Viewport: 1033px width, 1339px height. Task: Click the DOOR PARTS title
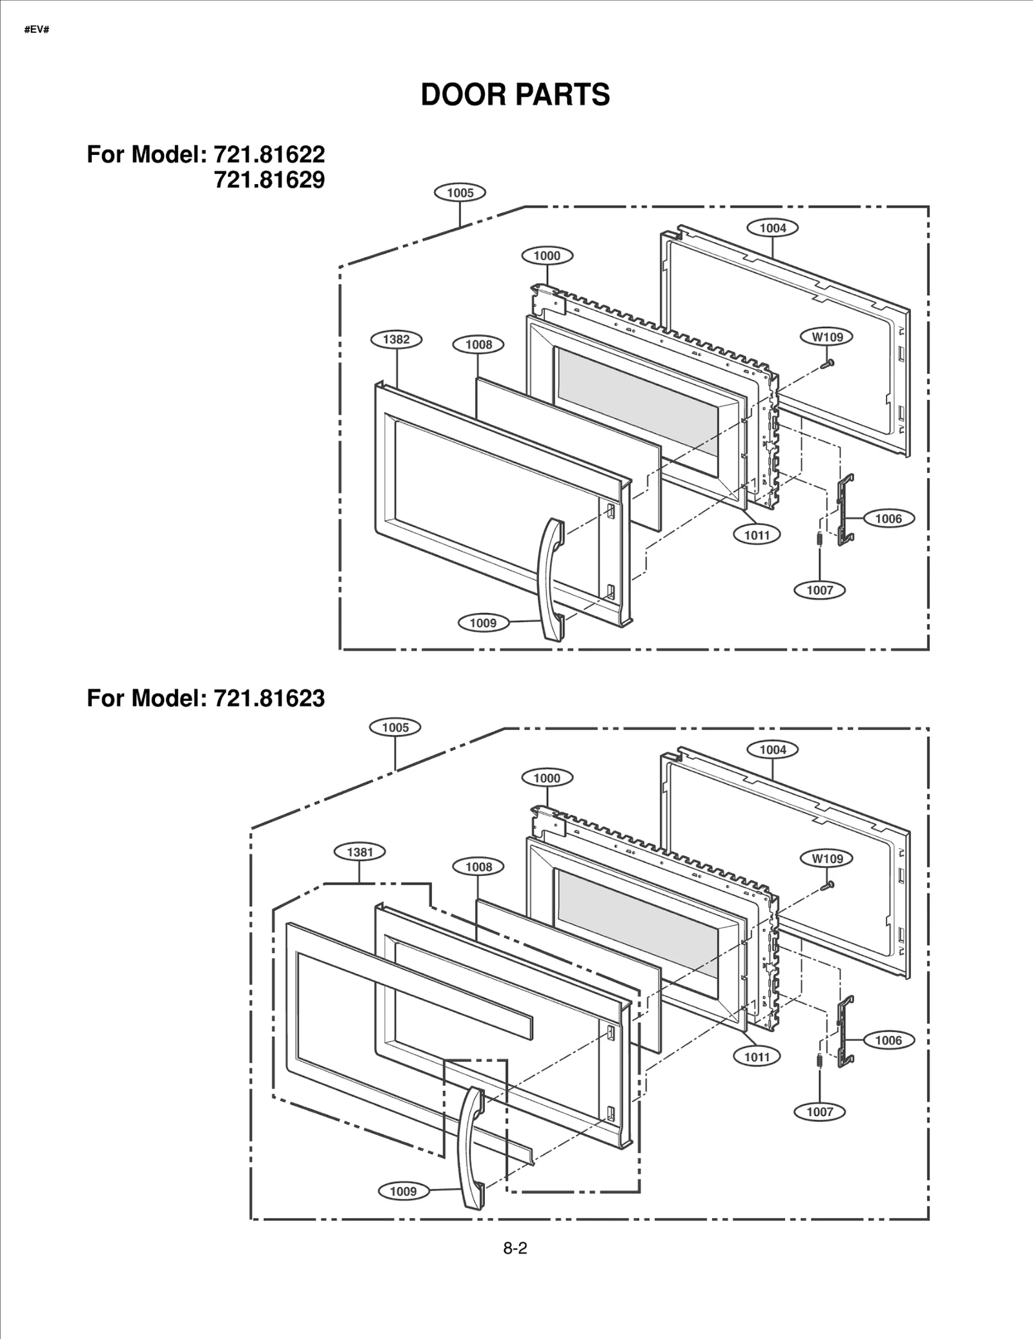pos(515,95)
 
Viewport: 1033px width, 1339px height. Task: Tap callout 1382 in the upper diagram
pos(396,340)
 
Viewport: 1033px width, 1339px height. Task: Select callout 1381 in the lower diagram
pos(360,852)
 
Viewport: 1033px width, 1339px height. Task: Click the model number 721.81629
pos(269,180)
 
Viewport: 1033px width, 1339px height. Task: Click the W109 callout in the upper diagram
pos(827,337)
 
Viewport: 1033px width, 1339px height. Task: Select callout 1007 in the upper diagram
pos(819,590)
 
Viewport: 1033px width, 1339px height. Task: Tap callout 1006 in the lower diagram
pos(888,1040)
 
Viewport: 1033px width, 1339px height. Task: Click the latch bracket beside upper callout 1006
pos(845,510)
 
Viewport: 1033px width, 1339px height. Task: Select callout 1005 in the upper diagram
pos(460,192)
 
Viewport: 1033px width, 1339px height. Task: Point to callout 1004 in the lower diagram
pos(772,749)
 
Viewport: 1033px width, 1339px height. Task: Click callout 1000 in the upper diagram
pos(547,256)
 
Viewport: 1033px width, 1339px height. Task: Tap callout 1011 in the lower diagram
pos(757,1057)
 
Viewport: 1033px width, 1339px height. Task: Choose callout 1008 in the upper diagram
pos(478,344)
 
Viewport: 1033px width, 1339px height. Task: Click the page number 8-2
pos(515,1249)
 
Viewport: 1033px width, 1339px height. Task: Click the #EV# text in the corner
pos(37,30)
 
